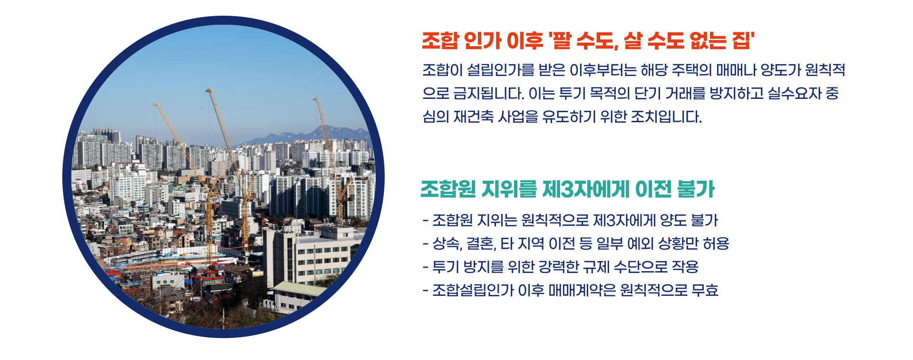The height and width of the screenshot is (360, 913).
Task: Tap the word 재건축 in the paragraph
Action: click(x=474, y=117)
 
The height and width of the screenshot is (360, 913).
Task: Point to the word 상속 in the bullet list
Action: click(x=447, y=244)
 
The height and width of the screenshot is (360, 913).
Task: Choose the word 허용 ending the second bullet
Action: click(x=716, y=244)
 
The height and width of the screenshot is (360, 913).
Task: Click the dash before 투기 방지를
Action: click(x=426, y=267)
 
